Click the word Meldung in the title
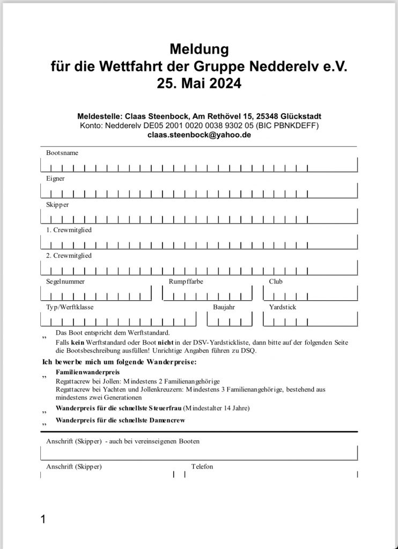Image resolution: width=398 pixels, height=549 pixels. (x=199, y=50)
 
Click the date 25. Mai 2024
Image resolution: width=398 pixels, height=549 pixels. (x=199, y=84)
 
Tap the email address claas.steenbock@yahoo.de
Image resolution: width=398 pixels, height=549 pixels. (x=199, y=135)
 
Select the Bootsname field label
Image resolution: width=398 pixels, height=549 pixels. (x=62, y=153)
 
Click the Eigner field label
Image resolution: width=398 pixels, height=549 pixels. (x=55, y=179)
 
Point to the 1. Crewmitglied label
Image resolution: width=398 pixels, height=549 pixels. (x=69, y=230)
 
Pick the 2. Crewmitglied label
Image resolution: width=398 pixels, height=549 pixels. (x=69, y=256)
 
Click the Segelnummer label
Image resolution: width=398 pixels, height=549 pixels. (x=65, y=281)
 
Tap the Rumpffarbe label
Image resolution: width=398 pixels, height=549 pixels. (x=186, y=281)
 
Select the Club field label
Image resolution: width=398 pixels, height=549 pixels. (x=276, y=281)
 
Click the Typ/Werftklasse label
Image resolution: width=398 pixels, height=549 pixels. (x=70, y=307)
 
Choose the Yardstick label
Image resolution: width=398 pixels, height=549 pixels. (x=283, y=307)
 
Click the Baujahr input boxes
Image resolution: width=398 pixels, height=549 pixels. (x=230, y=321)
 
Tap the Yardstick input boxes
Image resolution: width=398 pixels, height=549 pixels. (x=310, y=321)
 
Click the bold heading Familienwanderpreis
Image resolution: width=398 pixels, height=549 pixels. (x=87, y=372)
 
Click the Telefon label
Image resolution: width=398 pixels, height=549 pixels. (x=202, y=466)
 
